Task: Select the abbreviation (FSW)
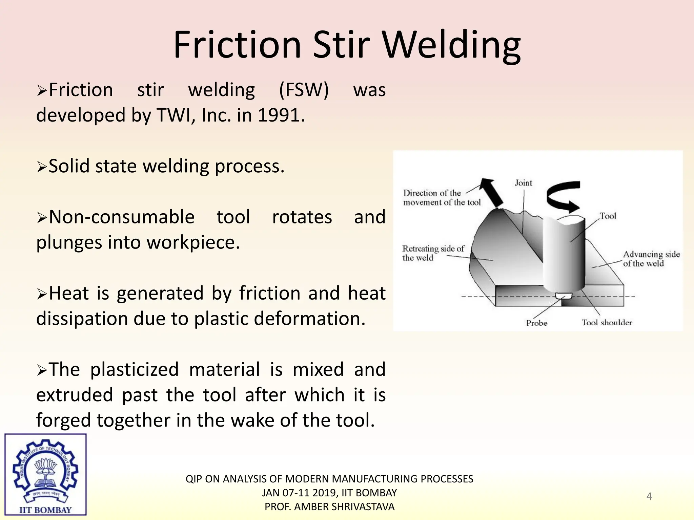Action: pos(304,90)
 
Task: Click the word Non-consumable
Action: pos(122,217)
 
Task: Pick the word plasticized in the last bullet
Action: pos(134,369)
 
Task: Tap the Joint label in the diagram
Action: pos(523,183)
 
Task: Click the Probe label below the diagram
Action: pos(536,323)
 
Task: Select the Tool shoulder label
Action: pos(607,323)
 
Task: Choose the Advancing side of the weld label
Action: pos(651,259)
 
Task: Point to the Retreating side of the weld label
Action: pos(432,253)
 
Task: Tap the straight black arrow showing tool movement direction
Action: pos(492,192)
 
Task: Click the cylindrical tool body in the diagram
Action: pos(564,254)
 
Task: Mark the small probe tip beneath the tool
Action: pos(563,296)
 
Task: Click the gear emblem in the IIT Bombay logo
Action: pos(45,469)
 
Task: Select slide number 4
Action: pos(649,496)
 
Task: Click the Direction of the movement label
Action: pos(442,198)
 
